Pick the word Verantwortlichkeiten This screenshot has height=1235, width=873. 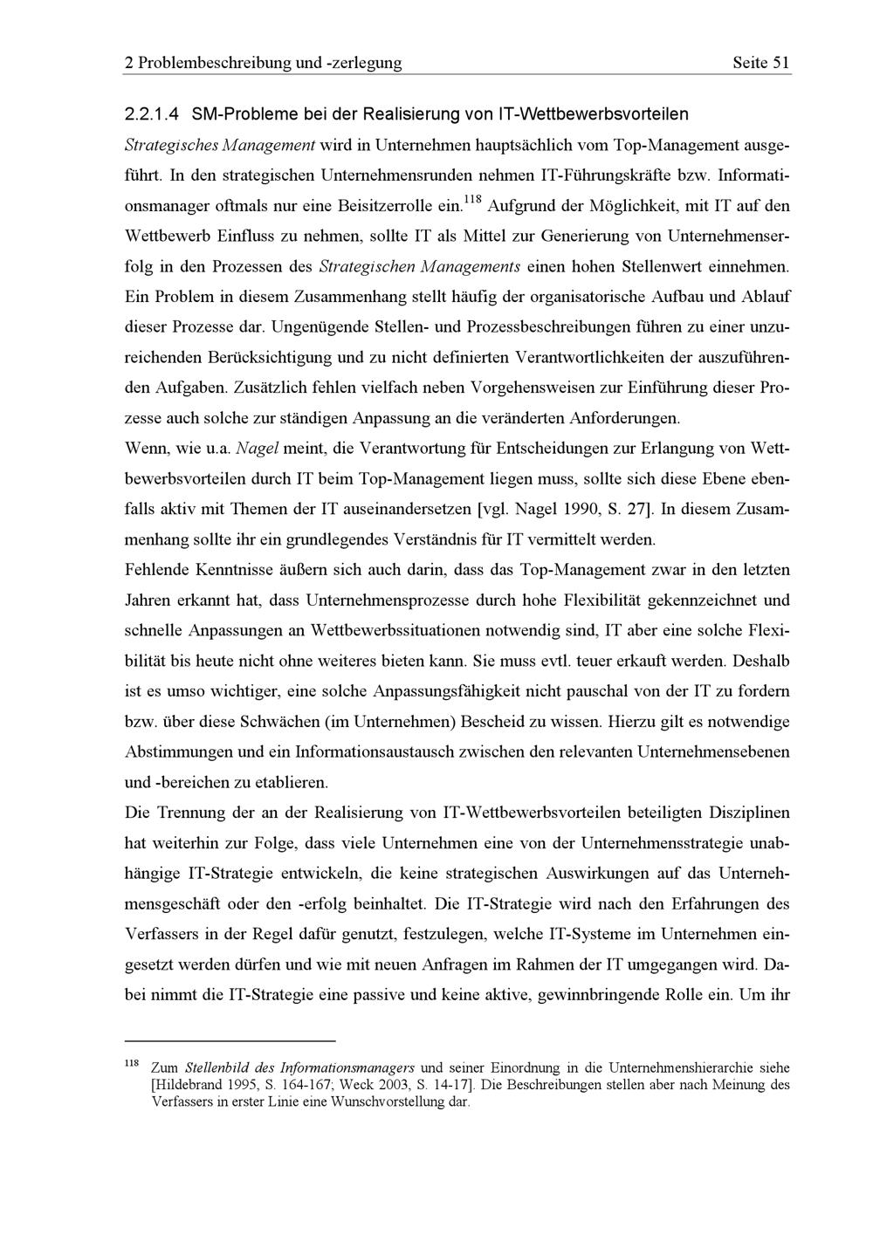tap(603, 358)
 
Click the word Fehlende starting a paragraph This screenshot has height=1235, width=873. tap(157, 570)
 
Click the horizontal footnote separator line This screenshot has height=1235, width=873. tap(230, 1041)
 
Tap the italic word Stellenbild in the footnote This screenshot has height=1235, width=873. tap(215, 1068)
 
